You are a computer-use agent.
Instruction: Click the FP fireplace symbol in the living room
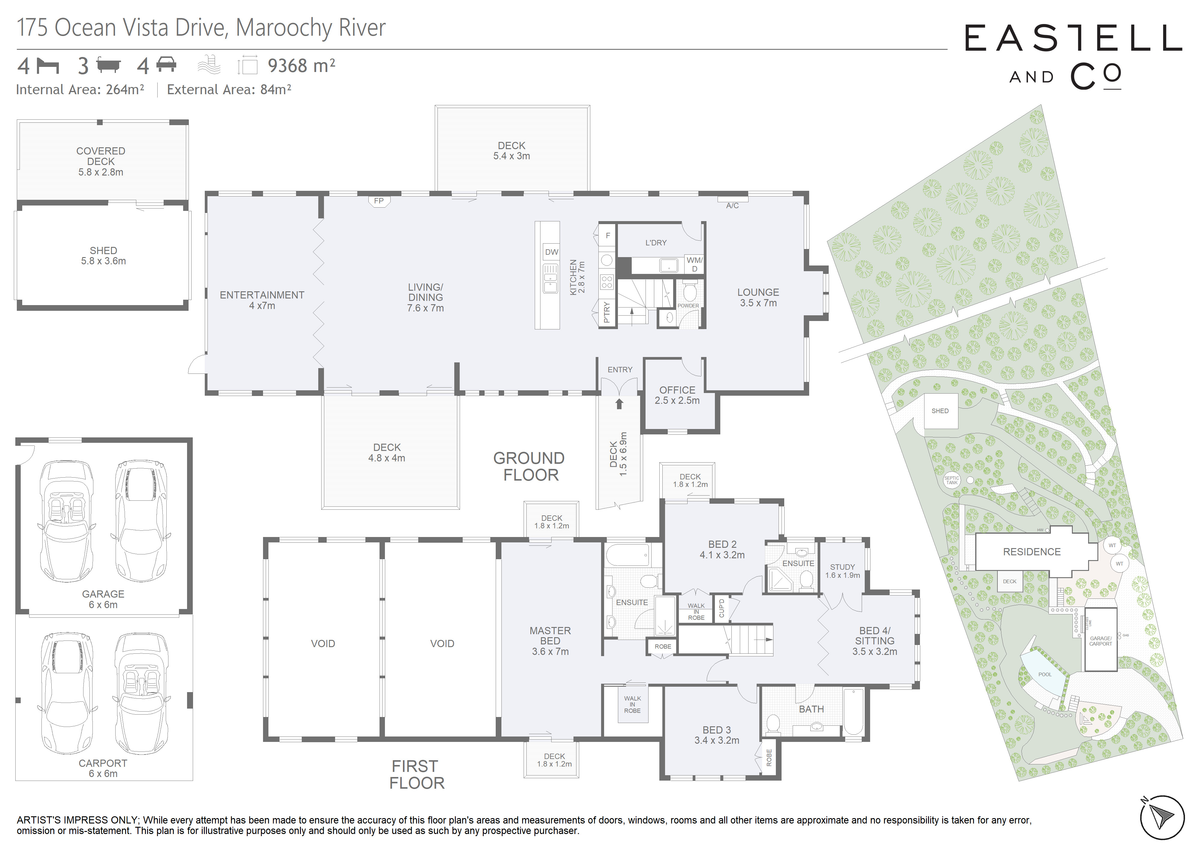coord(378,202)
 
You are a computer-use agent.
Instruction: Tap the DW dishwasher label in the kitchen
coord(551,252)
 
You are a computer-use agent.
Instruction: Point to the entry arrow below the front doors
coord(619,403)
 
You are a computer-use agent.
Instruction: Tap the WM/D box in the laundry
coord(694,264)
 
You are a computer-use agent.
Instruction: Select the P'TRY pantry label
coord(607,312)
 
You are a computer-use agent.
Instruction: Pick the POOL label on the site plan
coord(1045,674)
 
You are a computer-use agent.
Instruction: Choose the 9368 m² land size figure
coord(301,66)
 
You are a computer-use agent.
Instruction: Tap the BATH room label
coord(811,709)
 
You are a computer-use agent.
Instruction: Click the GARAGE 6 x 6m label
coord(103,599)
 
